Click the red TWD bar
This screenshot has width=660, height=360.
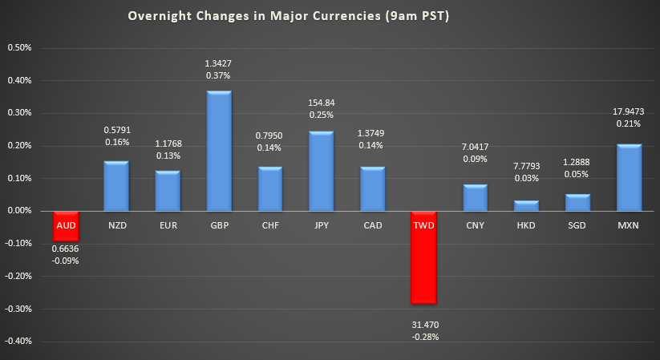[x=424, y=257]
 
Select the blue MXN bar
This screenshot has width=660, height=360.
[x=630, y=177]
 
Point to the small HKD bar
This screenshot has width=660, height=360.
[x=527, y=205]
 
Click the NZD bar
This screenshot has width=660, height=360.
[x=116, y=185]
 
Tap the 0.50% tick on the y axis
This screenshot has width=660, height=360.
[x=19, y=47]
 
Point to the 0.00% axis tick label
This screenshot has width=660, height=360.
[x=19, y=211]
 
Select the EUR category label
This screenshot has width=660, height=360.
[x=168, y=226]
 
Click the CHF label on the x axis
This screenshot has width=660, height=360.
[x=270, y=226]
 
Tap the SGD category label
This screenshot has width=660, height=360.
[x=578, y=226]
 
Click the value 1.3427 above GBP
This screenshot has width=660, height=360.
[x=219, y=63]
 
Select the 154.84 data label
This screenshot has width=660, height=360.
[x=322, y=103]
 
